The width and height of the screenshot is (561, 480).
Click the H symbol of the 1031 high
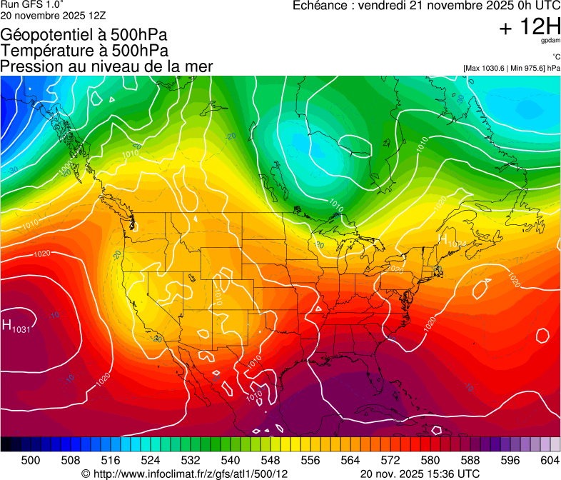[6, 326]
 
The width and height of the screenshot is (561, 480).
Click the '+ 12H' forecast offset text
[530, 28]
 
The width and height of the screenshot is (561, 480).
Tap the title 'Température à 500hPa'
[84, 50]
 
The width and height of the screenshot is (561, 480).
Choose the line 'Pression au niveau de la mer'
[106, 66]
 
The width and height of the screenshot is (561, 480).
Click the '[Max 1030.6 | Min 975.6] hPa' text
[512, 69]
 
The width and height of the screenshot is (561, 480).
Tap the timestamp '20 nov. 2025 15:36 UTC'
[420, 474]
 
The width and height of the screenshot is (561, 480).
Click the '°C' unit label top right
[555, 56]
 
